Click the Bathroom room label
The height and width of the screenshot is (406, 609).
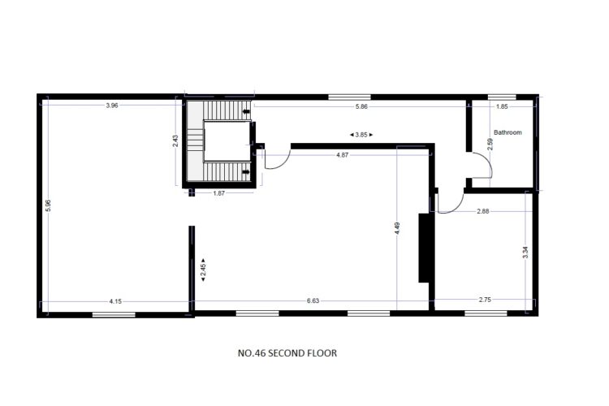coord(508,132)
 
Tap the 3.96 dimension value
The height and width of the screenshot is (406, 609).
coord(112,106)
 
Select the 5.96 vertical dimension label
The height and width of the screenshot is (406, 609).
coord(48,205)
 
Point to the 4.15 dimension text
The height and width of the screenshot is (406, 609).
coord(115,301)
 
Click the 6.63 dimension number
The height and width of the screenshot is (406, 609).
coord(313,300)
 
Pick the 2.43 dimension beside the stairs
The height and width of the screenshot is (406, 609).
coord(175,140)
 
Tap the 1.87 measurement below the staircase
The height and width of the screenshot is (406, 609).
coord(218,193)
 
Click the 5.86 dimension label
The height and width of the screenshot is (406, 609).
coord(361,106)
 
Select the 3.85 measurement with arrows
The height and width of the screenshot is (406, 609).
coord(361,135)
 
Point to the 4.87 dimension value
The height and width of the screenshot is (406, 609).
coord(342,155)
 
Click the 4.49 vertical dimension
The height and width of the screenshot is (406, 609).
coord(396,228)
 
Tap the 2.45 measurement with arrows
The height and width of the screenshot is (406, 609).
coord(203,270)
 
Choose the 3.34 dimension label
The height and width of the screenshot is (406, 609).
coord(525,253)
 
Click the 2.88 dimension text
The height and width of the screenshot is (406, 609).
coord(483,211)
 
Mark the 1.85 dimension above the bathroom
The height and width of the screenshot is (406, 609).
coord(502,106)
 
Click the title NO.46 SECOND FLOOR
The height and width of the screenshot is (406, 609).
coord(287,353)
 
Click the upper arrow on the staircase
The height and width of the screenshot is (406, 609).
coord(246,112)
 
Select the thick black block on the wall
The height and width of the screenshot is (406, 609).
coord(424,248)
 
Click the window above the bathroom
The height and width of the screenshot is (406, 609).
coord(502,97)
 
